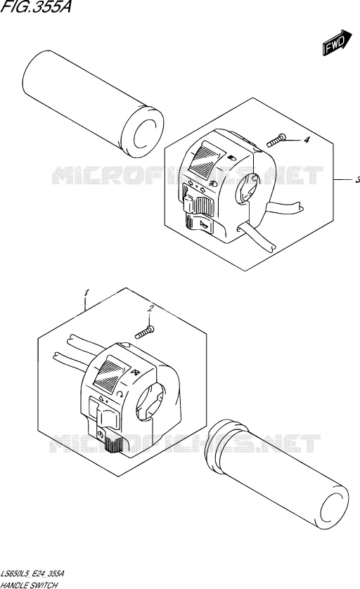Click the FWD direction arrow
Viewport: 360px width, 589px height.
[x=337, y=42]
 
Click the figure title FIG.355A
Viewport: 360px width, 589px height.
[x=36, y=7]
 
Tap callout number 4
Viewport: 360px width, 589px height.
[x=307, y=140]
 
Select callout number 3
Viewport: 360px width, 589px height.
[x=357, y=181]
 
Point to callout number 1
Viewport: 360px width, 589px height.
[x=86, y=292]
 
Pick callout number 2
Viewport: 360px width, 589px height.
[x=150, y=309]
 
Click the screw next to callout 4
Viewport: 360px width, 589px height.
[x=276, y=141]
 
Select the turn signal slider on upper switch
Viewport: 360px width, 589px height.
[x=198, y=205]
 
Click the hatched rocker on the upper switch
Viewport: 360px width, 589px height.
[x=205, y=157]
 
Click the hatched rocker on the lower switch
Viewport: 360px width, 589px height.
[x=111, y=372]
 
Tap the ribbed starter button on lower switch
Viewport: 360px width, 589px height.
[x=113, y=445]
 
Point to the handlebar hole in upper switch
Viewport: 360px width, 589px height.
[x=247, y=190]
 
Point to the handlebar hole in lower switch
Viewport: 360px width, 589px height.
[x=149, y=402]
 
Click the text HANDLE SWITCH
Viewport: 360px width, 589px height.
[x=29, y=585]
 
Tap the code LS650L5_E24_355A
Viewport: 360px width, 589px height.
[x=32, y=574]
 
